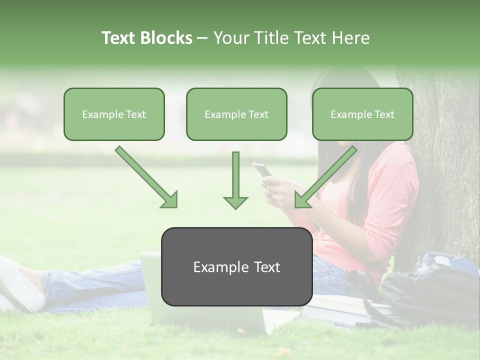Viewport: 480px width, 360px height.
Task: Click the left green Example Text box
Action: [x=114, y=114]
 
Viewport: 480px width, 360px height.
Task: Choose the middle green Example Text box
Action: [x=236, y=114]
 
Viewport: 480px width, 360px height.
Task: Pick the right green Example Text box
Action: [x=362, y=114]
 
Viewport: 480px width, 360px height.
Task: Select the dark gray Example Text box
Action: [x=236, y=266]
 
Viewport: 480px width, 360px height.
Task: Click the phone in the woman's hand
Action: [x=263, y=170]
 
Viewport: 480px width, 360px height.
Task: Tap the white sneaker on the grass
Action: [x=20, y=285]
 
